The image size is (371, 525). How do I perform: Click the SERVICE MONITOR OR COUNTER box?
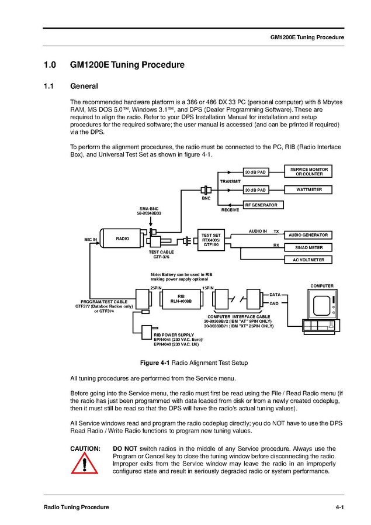[x=309, y=171]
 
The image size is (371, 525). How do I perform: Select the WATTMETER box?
[x=309, y=189]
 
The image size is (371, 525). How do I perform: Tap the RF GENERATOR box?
[x=261, y=205]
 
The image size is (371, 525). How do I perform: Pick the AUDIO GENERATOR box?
[x=308, y=235]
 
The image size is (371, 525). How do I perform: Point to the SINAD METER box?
[x=308, y=247]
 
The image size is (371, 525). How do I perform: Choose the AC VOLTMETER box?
[x=308, y=260]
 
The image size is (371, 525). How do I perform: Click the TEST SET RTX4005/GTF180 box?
[x=211, y=240]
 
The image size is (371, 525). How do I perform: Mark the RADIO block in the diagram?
[x=123, y=239]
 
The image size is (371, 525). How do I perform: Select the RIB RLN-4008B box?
[x=181, y=299]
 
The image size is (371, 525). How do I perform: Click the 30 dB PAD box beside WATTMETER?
[x=255, y=190]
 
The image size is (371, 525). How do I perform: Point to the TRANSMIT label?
[x=230, y=181]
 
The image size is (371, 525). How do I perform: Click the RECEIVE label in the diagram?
[x=230, y=209]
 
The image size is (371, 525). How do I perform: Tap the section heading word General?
[x=84, y=87]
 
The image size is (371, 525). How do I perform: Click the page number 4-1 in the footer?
[x=339, y=507]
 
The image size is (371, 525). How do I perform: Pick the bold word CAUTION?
[x=85, y=448]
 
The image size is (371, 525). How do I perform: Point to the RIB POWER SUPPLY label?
[x=174, y=334]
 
